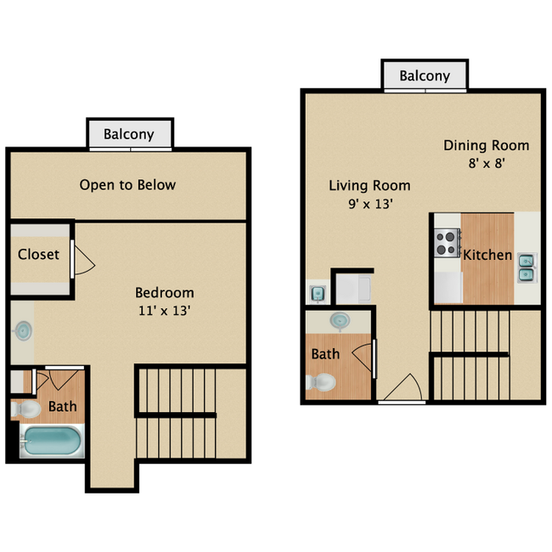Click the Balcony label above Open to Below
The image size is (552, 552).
[x=129, y=134]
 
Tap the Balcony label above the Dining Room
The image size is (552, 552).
[x=425, y=76]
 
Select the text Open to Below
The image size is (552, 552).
[x=127, y=184]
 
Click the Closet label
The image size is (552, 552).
[x=38, y=254]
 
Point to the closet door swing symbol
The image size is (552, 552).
[x=83, y=259]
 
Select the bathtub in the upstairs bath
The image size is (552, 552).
[x=52, y=441]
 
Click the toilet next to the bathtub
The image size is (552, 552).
[x=26, y=410]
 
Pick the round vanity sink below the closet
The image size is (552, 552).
[x=24, y=330]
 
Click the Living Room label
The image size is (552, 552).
[x=369, y=185]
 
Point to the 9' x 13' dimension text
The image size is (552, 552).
[x=369, y=204]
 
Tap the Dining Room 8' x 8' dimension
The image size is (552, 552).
[x=486, y=164]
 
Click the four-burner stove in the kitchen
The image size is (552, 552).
[x=447, y=244]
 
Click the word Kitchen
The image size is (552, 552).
[x=487, y=255]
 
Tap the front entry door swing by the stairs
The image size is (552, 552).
[x=402, y=389]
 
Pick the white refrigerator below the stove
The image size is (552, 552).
[x=447, y=287]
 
